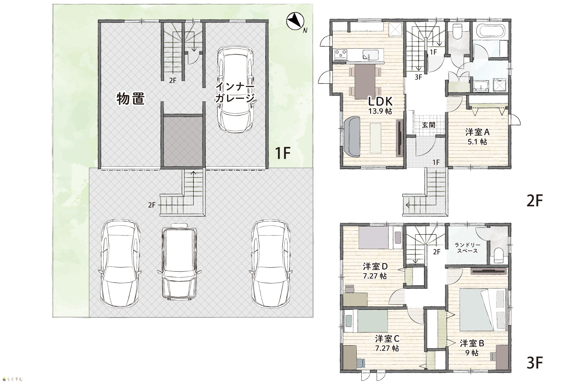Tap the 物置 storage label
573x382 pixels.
pos(130,99)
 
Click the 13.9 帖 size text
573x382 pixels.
pos(380,111)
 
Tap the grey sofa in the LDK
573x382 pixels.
pos(352,137)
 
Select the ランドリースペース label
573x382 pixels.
pos(467,248)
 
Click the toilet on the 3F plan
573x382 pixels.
pos(499,255)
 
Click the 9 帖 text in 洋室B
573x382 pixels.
pos(472,353)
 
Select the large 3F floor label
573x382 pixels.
pos(535,363)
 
